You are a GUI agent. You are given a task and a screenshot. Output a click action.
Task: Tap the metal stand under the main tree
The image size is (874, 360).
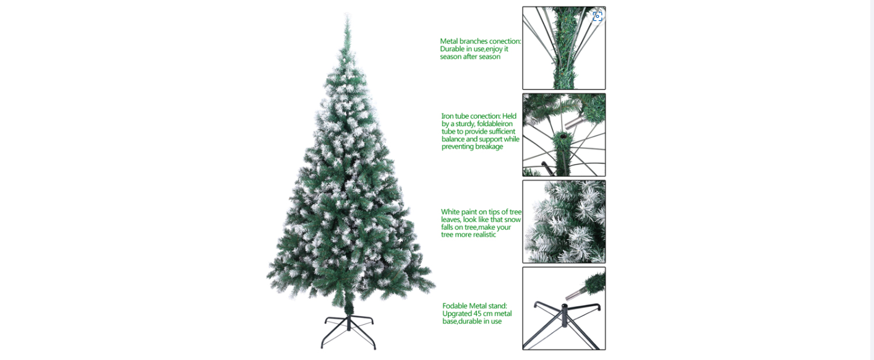click(348, 332)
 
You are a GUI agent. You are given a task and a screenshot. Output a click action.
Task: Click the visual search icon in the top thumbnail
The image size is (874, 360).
click(598, 16)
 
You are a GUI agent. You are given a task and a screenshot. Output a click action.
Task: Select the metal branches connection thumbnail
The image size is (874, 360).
click(564, 48)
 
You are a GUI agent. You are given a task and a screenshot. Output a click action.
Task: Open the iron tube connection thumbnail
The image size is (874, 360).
click(564, 135)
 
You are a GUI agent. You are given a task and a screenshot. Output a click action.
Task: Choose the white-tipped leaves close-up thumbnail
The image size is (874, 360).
click(564, 221)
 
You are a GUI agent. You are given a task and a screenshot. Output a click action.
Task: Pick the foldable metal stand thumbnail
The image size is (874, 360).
click(564, 309)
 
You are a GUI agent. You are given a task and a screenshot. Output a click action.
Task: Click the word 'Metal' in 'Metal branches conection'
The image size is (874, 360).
click(448, 41)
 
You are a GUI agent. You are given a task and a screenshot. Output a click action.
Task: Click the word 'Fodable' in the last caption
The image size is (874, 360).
click(455, 306)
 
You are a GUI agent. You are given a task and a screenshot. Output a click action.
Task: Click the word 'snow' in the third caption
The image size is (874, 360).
click(513, 220)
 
